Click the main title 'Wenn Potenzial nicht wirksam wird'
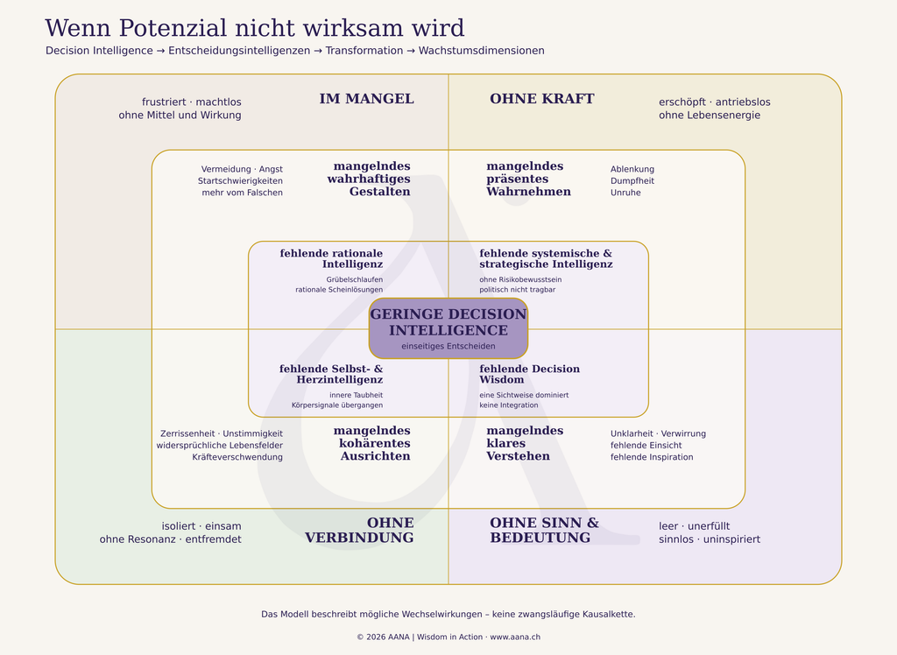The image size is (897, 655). click(255, 28)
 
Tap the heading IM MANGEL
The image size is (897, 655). click(367, 98)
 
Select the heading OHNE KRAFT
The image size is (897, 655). click(541, 98)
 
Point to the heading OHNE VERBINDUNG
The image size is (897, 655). click(359, 531)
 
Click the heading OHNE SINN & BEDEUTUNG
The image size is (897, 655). click(544, 531)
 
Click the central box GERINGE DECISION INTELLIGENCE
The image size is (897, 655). click(448, 328)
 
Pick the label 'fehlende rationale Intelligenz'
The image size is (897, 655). click(331, 258)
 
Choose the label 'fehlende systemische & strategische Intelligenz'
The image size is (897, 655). click(546, 258)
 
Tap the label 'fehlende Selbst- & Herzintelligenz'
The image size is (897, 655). click(331, 374)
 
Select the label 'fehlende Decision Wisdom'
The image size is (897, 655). click(530, 374)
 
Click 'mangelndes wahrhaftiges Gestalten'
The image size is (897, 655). click(369, 179)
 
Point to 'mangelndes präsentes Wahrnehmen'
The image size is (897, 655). click(528, 179)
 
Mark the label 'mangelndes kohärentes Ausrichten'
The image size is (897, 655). click(371, 443)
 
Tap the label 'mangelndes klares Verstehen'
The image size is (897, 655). click(525, 443)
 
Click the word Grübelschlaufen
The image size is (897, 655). click(355, 279)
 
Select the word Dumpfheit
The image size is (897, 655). click(632, 180)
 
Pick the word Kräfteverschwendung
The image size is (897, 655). click(237, 457)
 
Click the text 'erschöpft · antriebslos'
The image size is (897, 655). click(715, 102)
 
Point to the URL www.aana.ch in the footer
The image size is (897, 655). click(515, 637)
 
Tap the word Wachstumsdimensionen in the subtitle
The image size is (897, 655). click(481, 50)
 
